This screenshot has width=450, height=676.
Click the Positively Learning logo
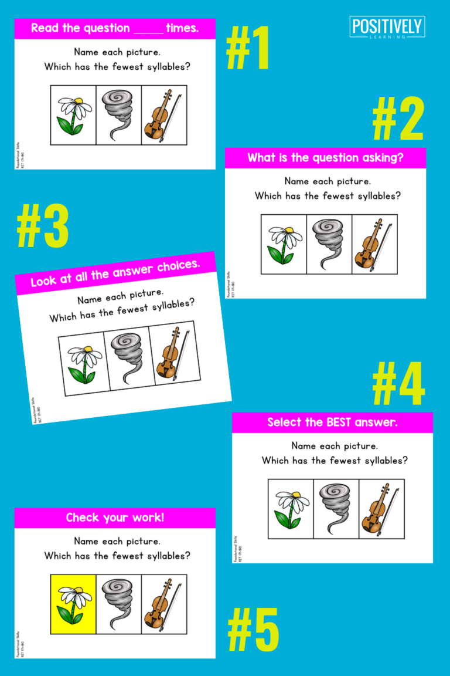(387, 28)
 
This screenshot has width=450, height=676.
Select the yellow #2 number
(398, 119)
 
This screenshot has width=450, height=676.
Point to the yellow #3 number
(43, 227)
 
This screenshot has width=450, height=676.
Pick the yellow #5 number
(253, 630)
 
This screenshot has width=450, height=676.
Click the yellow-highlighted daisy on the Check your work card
(73, 604)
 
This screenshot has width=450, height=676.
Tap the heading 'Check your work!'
(115, 518)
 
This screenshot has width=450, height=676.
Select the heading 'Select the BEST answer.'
(332, 422)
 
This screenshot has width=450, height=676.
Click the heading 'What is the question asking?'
(325, 158)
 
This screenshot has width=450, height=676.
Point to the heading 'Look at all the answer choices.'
(115, 273)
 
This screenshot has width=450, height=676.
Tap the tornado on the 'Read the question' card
(119, 115)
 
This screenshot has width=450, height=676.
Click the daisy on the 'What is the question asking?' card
(284, 244)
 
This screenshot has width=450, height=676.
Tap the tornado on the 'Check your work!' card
(119, 604)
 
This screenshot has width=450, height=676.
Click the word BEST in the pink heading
(347, 422)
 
